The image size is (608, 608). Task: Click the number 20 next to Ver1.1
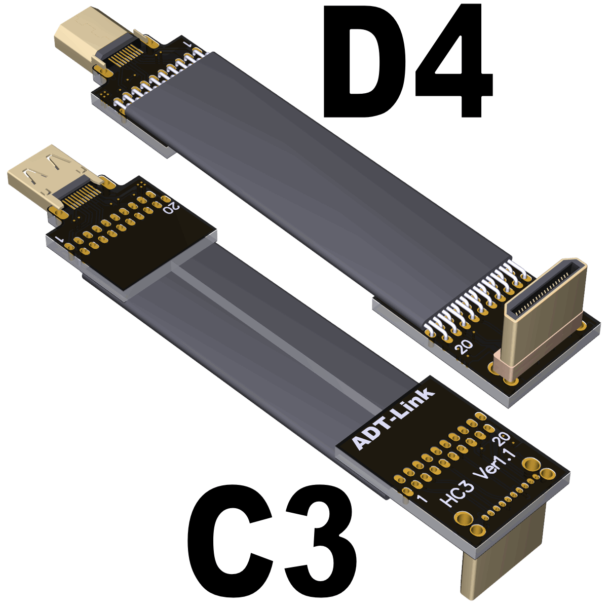pos(502,438)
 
